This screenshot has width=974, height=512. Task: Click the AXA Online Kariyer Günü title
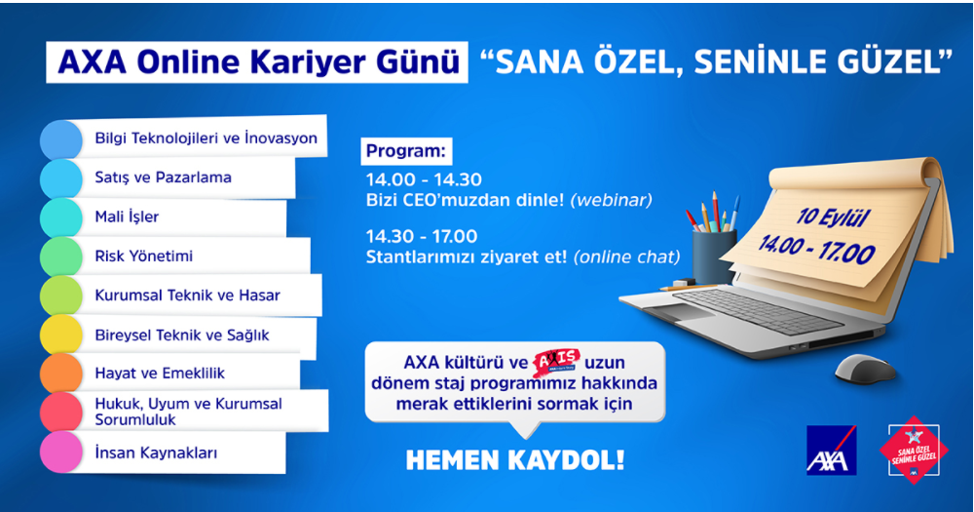coord(258,63)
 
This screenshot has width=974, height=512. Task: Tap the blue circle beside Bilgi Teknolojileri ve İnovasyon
coord(61,139)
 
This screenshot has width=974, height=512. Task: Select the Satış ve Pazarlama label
coord(163,178)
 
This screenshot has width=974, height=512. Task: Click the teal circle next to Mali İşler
coord(61,217)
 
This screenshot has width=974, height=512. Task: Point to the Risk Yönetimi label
coord(144,256)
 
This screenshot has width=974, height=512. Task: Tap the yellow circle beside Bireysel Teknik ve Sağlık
coord(61,335)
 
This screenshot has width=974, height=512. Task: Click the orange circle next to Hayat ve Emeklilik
coord(61,374)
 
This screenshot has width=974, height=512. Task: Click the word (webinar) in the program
coord(611,200)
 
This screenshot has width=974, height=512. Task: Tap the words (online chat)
coord(627,257)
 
